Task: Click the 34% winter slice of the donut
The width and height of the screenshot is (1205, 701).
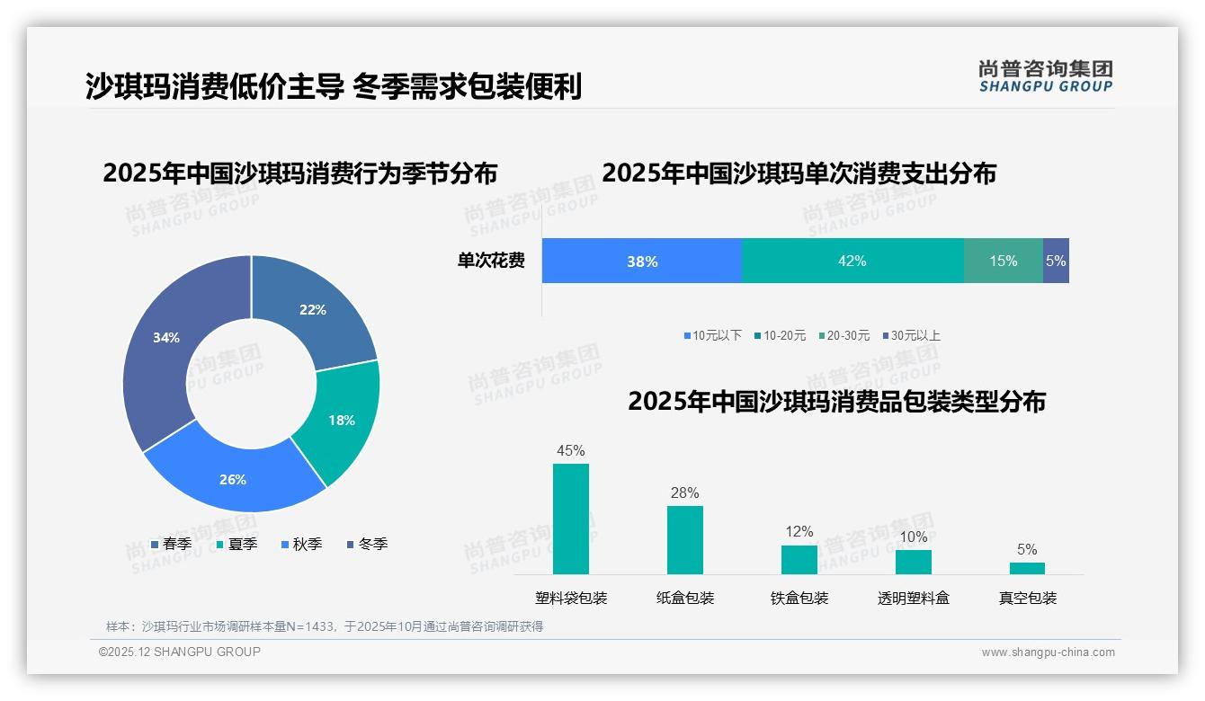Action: click(x=166, y=340)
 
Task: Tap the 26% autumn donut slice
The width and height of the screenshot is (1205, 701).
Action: click(x=233, y=478)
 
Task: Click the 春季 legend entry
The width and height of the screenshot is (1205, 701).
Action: click(x=171, y=544)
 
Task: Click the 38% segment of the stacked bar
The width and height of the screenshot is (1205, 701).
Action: click(x=642, y=261)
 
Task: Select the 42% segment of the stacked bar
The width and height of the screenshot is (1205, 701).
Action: click(x=852, y=261)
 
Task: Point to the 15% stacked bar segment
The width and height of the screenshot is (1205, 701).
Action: click(x=1003, y=261)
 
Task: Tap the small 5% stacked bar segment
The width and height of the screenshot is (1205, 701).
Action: click(x=1056, y=261)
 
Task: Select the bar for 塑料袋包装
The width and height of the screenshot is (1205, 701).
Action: click(x=571, y=519)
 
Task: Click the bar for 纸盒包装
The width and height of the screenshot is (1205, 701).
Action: click(x=684, y=539)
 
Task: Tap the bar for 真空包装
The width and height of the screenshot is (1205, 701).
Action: click(x=1027, y=568)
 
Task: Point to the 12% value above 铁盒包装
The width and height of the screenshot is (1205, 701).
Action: click(x=799, y=531)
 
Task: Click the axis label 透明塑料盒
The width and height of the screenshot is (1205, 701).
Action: click(x=913, y=598)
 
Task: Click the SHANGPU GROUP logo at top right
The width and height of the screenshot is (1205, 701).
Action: click(x=1045, y=76)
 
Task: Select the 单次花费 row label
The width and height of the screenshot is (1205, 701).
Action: click(x=491, y=261)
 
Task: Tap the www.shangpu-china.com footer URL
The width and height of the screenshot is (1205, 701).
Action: click(x=1048, y=652)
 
